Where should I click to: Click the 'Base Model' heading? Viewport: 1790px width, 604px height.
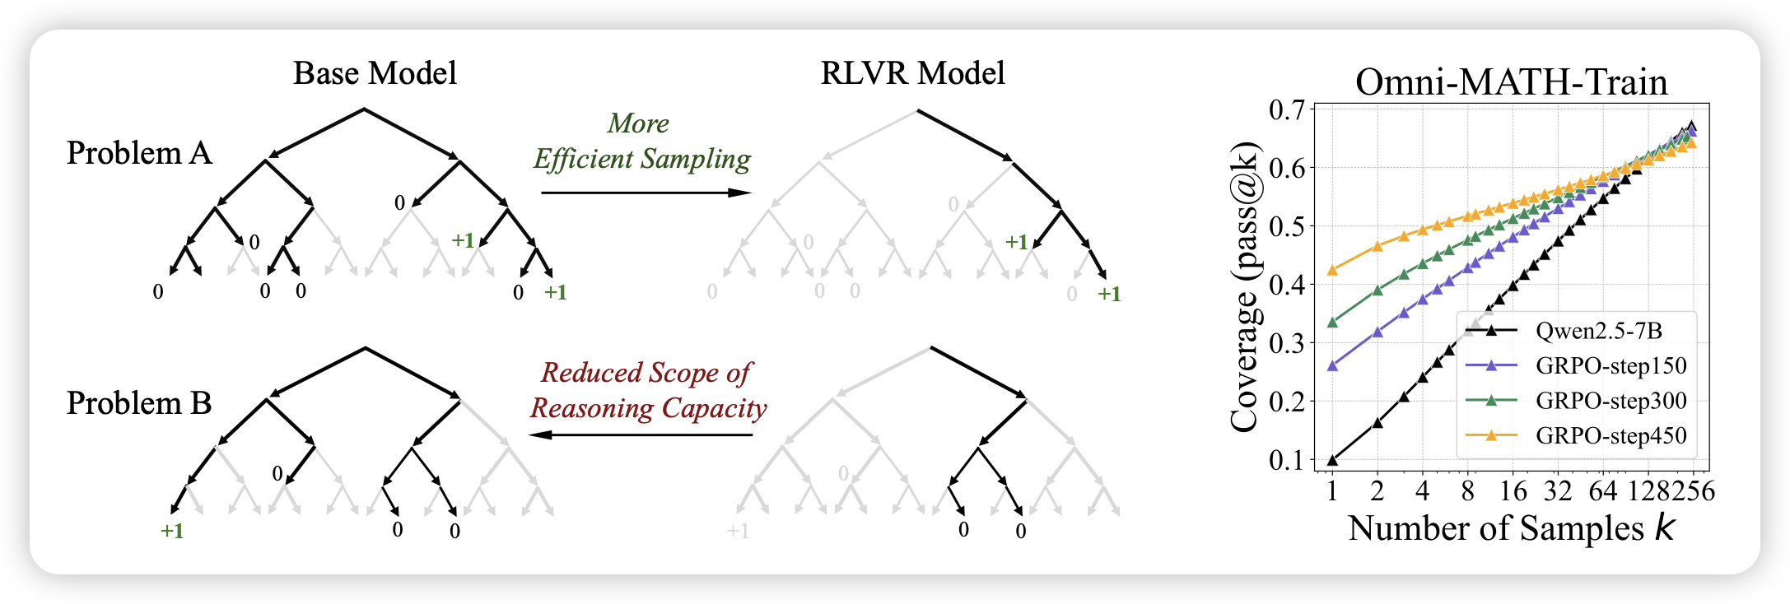point(375,73)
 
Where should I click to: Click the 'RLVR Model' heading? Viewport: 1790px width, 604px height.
point(912,73)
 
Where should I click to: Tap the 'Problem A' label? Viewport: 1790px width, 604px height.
point(139,153)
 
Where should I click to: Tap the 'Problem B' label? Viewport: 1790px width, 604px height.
point(139,403)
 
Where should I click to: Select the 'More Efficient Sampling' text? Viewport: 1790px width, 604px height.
point(641,141)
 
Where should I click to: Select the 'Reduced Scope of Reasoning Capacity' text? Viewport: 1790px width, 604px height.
point(647,390)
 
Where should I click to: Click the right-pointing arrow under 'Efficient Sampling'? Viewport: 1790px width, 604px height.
point(646,193)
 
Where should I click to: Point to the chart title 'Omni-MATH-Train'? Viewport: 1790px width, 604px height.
point(1511,82)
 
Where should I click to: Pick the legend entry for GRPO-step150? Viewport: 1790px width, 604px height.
point(1611,365)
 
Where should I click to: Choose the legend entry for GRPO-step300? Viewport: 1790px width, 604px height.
point(1611,401)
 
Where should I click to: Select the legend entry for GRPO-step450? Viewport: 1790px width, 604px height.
point(1611,435)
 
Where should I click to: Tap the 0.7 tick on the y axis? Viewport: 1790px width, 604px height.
point(1288,109)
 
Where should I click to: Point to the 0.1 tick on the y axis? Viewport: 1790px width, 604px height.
point(1288,460)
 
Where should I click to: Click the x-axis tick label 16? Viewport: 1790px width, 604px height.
point(1513,491)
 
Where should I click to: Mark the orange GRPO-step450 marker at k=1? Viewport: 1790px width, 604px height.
point(1332,270)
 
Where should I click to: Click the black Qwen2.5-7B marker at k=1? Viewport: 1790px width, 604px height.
point(1332,460)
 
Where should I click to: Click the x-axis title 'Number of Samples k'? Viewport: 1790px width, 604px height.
point(1511,528)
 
